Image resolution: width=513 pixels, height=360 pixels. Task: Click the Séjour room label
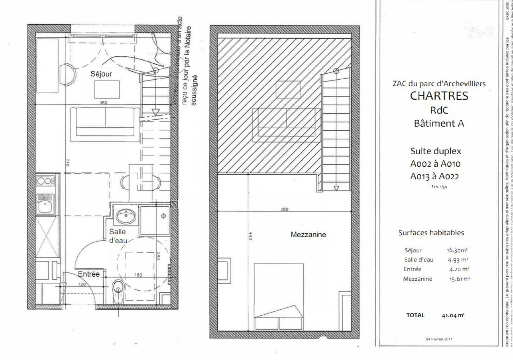[x=101, y=74]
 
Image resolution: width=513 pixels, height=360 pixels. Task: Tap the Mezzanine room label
[x=308, y=235]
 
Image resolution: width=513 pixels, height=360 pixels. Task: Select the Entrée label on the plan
[x=89, y=274]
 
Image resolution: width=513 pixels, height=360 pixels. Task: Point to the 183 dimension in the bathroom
[x=138, y=275]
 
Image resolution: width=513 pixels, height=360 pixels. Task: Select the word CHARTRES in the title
[x=439, y=95]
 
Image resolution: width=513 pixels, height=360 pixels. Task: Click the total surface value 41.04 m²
[x=453, y=315]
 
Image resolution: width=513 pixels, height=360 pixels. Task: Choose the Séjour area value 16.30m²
[x=457, y=250]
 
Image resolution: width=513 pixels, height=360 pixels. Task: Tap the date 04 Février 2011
[x=439, y=339]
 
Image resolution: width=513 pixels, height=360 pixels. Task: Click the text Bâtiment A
[x=439, y=124]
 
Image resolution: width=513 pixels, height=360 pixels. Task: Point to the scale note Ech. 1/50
[x=439, y=186]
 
